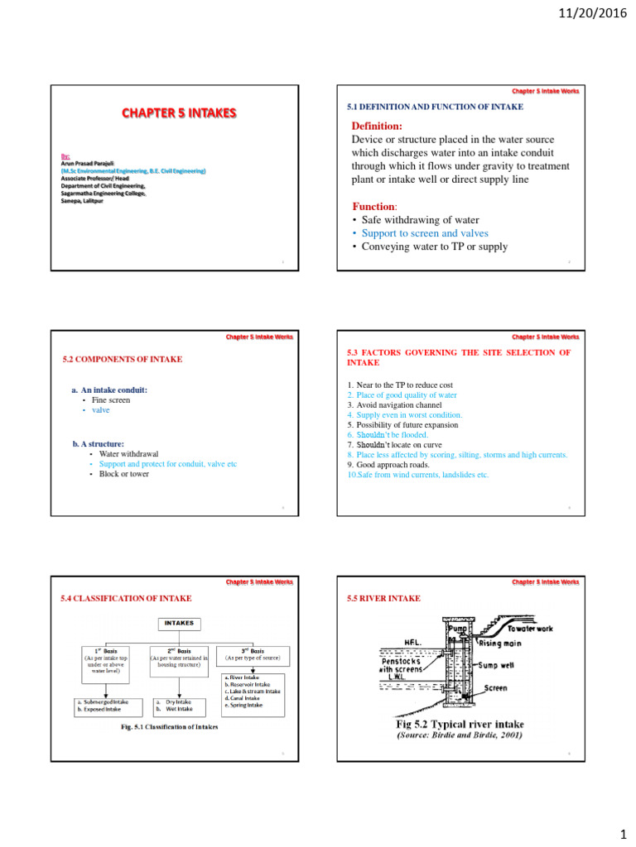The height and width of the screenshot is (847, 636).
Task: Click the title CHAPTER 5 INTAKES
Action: pos(180,112)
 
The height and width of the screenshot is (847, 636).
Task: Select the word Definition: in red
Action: pos(378,126)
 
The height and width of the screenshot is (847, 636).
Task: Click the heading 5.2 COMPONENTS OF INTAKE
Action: pos(123,359)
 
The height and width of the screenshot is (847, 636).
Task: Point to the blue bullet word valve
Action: pos(100,409)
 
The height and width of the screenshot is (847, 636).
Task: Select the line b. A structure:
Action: pos(99,443)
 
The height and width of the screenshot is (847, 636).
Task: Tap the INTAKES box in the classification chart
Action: pos(180,623)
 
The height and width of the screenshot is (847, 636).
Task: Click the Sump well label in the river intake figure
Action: pos(499,663)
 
